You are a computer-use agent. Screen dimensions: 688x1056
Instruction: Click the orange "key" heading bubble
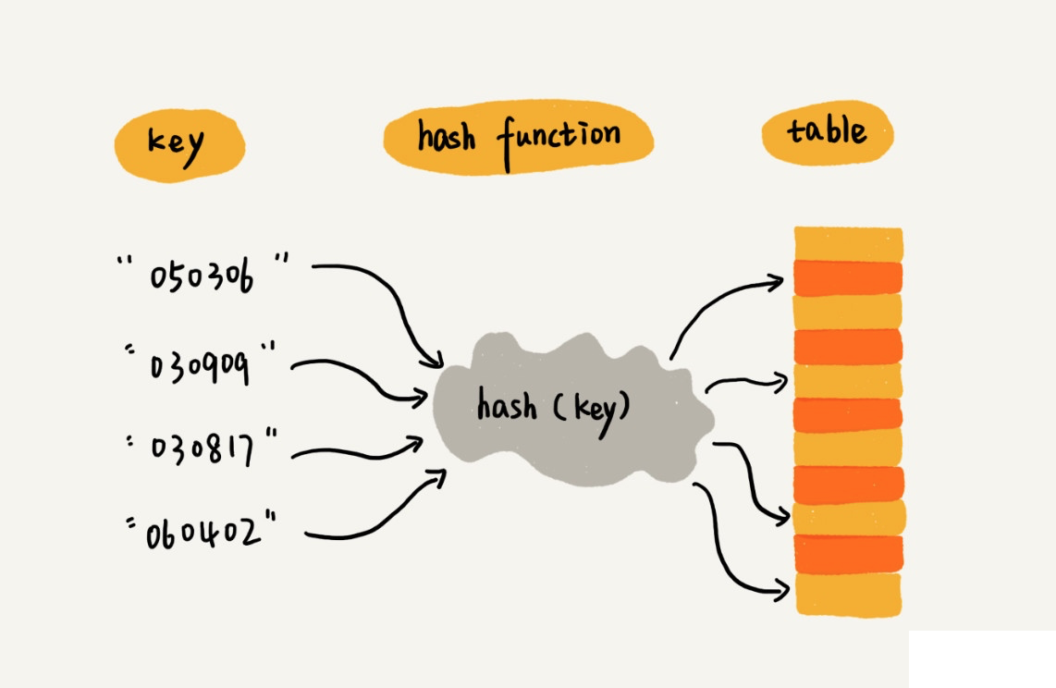coord(180,145)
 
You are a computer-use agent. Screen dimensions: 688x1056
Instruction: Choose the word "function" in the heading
coord(559,139)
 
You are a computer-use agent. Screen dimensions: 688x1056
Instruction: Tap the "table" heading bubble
coord(827,132)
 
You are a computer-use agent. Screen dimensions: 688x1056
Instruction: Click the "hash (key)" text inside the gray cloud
coord(552,408)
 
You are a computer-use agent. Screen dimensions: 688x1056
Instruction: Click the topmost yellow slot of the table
coord(848,244)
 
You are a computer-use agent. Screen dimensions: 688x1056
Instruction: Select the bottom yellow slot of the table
coord(848,595)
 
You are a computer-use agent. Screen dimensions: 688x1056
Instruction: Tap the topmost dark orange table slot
coord(848,277)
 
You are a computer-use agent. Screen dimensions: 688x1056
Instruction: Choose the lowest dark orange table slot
coord(848,553)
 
